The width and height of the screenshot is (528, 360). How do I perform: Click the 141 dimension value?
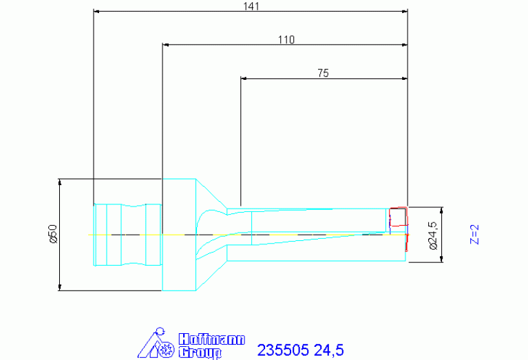coord(251,6)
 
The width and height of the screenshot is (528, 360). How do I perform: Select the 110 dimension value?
coord(286,40)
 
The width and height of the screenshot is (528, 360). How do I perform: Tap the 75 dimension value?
coord(323,73)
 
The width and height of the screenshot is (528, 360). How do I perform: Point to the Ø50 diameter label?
coord(53,234)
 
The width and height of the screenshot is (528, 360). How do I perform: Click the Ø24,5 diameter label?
coord(434,235)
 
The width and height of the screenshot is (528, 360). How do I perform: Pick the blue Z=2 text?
coord(474,235)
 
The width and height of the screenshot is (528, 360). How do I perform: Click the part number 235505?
coord(283,350)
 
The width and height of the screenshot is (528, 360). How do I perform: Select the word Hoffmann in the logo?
coord(211,339)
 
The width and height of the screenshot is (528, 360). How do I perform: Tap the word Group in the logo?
coord(200,352)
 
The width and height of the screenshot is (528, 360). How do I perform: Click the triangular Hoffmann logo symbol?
coord(156,343)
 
